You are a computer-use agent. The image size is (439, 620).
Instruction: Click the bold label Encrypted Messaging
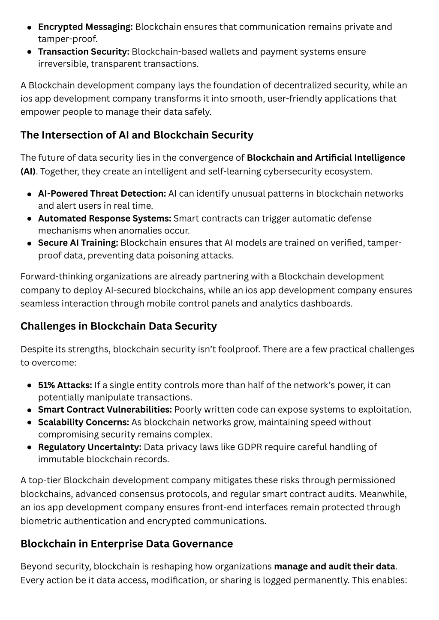pos(85,27)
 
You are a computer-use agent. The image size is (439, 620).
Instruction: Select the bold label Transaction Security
pos(84,52)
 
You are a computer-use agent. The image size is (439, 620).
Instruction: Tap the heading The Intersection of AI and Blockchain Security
pos(137,135)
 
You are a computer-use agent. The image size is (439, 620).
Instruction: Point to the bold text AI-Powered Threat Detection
pos(102,194)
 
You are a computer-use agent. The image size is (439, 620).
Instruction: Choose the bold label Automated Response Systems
pos(105,219)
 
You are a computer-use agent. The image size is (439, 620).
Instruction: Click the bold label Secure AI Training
pos(78,243)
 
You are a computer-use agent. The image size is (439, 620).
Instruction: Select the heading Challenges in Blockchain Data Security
pos(119,326)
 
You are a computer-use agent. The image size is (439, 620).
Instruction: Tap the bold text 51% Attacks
pos(65,385)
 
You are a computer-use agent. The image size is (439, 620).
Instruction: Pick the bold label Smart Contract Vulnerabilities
pos(105,410)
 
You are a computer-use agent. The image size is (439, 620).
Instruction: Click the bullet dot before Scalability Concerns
pos(30,422)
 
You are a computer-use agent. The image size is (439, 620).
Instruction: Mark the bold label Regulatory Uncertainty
pos(90,447)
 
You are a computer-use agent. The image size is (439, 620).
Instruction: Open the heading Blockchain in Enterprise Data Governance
pos(126,544)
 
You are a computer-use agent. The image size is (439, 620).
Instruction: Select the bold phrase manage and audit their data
pos(334,566)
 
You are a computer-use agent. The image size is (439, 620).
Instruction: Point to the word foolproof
pos(238,349)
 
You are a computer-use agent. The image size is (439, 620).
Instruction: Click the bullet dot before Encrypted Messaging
pos(30,27)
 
